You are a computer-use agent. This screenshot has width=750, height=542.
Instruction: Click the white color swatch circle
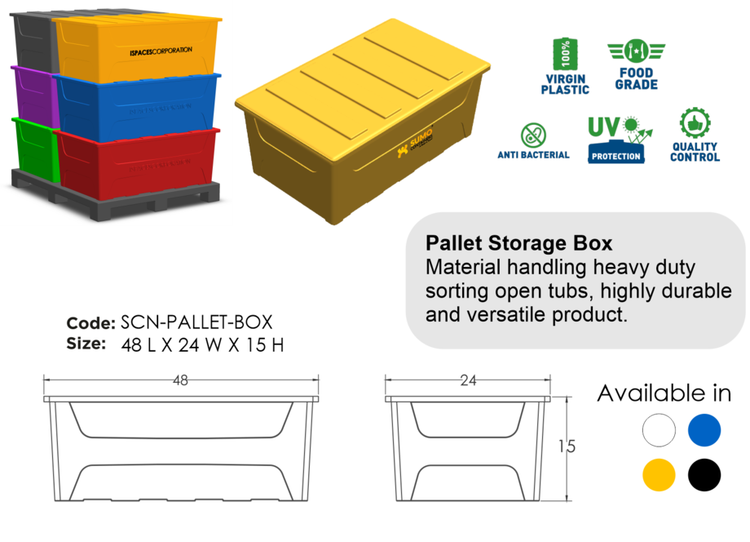click(x=659, y=430)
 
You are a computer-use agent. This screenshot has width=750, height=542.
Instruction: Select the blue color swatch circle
click(x=704, y=430)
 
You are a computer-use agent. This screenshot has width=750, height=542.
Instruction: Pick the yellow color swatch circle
click(x=659, y=474)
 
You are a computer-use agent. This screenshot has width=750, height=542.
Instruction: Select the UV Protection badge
click(x=616, y=139)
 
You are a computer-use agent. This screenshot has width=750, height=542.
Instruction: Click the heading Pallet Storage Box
click(x=518, y=243)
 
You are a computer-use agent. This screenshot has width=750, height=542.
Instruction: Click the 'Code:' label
click(x=90, y=323)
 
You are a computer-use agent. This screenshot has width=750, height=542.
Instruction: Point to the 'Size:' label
click(x=86, y=344)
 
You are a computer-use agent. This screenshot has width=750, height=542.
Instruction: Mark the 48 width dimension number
click(x=180, y=380)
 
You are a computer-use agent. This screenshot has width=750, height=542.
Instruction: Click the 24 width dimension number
click(x=468, y=380)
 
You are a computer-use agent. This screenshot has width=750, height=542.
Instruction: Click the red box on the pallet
click(x=139, y=163)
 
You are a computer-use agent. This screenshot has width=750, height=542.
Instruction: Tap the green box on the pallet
click(x=33, y=147)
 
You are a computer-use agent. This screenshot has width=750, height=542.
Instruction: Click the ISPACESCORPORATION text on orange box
click(x=161, y=51)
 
